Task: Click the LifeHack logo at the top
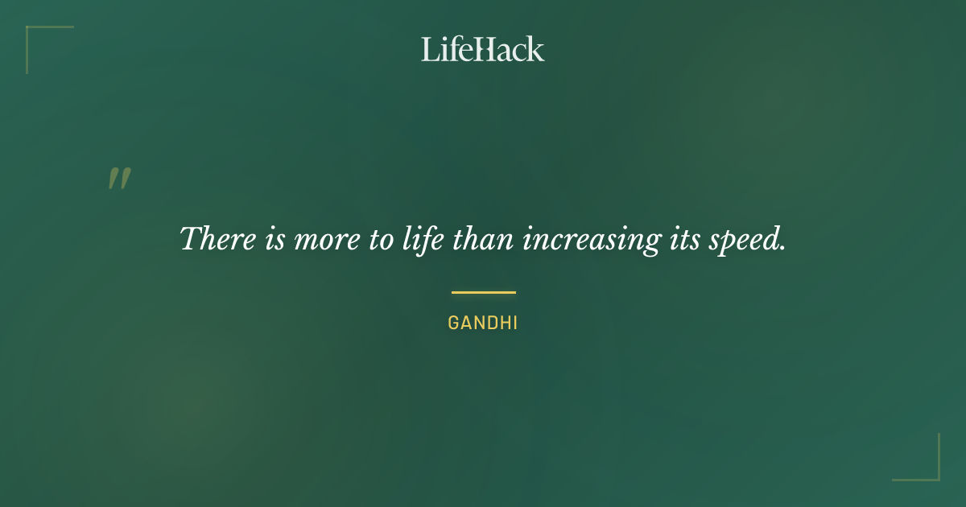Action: point(483,49)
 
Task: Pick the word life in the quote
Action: point(423,239)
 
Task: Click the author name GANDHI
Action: point(483,324)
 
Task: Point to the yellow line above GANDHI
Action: point(483,292)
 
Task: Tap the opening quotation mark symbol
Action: point(119,179)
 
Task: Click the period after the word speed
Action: point(782,248)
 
